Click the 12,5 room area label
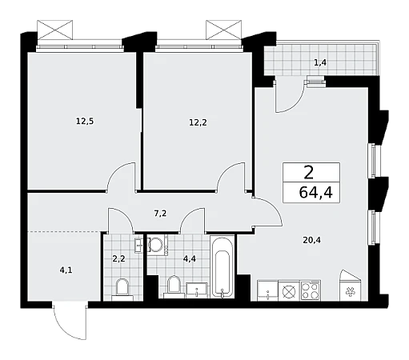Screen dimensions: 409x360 coord(85,122)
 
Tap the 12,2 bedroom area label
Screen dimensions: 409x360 coord(198,122)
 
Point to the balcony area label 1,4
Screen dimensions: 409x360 coord(320,63)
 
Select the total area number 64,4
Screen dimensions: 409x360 coord(316,192)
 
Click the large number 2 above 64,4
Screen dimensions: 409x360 coord(309,173)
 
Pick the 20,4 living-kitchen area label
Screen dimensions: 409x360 coord(311,240)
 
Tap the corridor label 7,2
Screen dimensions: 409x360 coord(160,214)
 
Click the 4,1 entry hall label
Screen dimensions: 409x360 coord(66,270)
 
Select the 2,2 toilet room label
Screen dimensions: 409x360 coord(118,258)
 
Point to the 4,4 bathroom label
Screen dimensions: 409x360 coord(190,258)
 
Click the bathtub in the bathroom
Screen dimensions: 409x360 coord(223,266)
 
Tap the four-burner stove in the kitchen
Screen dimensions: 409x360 coord(311,290)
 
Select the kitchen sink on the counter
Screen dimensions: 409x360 coord(267,290)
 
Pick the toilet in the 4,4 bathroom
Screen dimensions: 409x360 coord(174,286)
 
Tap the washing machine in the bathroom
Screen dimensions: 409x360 coord(157,245)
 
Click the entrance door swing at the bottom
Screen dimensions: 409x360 coord(70,320)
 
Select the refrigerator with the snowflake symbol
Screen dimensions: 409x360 coord(351,286)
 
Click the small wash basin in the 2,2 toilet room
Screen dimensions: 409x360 coord(138,245)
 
